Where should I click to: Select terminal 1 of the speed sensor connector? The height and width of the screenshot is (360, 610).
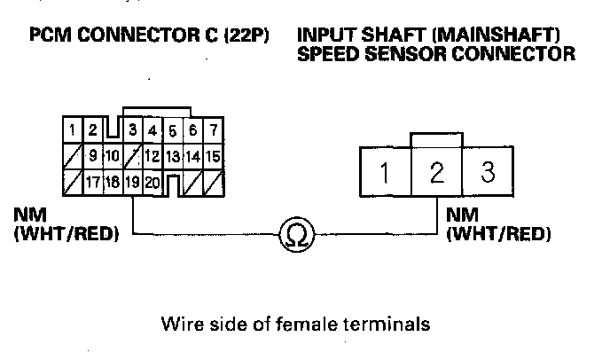(384, 172)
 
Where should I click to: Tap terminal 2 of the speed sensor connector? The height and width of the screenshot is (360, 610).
(436, 172)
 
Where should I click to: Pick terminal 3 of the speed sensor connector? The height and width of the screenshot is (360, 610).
(487, 172)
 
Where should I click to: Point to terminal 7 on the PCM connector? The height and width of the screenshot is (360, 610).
(213, 131)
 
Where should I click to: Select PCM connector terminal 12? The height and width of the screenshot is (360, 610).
(152, 157)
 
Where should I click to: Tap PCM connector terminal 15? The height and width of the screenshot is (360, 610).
(213, 157)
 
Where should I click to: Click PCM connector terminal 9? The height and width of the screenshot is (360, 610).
(92, 157)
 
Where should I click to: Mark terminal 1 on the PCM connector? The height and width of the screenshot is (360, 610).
(72, 131)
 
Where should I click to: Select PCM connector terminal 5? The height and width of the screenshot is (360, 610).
(173, 131)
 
